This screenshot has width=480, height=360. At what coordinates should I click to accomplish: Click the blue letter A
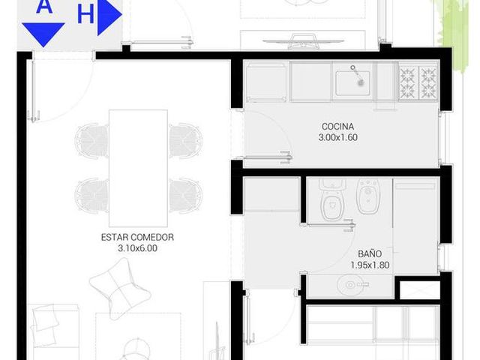pyautogui.click(x=44, y=6)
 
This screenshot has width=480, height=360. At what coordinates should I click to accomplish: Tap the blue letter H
pyautogui.click(x=85, y=14)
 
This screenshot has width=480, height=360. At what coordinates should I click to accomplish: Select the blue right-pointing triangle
pyautogui.click(x=109, y=15)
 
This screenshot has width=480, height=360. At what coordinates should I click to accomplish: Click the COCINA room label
pyautogui.click(x=337, y=127)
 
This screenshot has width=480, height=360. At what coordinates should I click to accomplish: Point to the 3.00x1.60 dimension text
pyautogui.click(x=337, y=137)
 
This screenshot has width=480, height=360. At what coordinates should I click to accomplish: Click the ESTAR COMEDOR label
pyautogui.click(x=137, y=237)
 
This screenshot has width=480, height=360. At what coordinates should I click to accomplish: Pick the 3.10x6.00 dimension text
pyautogui.click(x=137, y=248)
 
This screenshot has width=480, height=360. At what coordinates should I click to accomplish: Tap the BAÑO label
pyautogui.click(x=370, y=253)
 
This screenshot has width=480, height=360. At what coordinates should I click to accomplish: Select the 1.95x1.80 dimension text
pyautogui.click(x=370, y=265)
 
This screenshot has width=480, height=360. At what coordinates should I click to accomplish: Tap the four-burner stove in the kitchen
pyautogui.click(x=418, y=82)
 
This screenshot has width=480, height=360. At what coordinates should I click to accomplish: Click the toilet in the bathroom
pyautogui.click(x=331, y=199)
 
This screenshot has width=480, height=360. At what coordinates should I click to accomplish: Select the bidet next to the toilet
pyautogui.click(x=368, y=196)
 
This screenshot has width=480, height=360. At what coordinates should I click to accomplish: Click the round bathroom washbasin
pyautogui.click(x=351, y=285)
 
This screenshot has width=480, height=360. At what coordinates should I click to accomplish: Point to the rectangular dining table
pyautogui.click(x=138, y=168)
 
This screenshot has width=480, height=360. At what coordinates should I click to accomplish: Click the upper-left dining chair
pyautogui.click(x=91, y=141)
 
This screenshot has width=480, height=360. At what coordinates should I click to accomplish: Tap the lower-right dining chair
pyautogui.click(x=185, y=196)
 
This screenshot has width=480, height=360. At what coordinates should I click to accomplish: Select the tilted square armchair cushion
pyautogui.click(x=120, y=289)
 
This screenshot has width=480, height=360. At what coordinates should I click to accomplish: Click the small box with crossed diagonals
pyautogui.click(x=420, y=290)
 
